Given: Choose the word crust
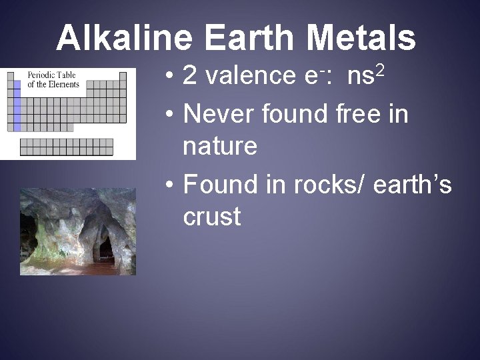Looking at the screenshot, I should coord(212,217).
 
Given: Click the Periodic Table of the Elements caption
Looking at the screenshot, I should coord(53,79).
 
